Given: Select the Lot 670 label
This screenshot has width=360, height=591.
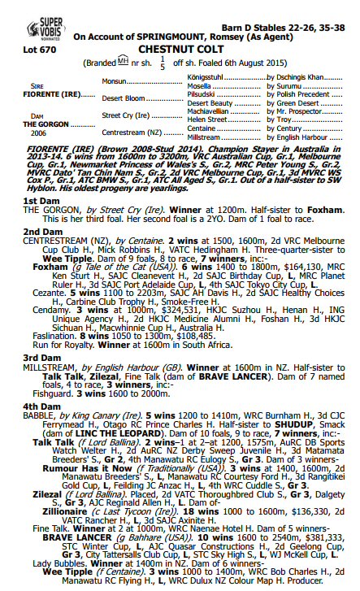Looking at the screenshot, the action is click(38, 48).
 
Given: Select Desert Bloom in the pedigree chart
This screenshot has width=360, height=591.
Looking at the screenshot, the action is click(124, 98).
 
